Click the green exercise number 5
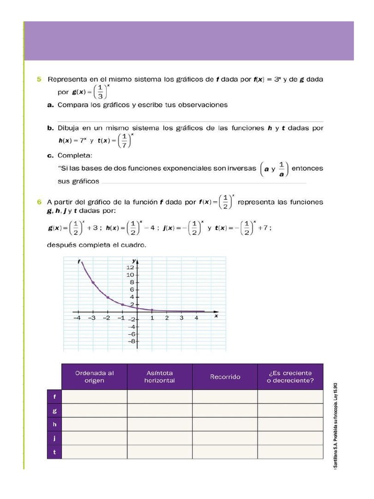point(39,79)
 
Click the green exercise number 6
point(39,201)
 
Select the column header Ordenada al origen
point(94,377)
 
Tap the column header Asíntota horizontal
point(160,377)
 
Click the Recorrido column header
point(225,377)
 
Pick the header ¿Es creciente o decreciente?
point(290,377)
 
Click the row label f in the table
point(54,397)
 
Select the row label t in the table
point(54,452)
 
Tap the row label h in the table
point(54,424)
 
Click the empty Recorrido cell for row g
point(225,410)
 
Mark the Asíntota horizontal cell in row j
point(160,438)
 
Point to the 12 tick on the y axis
point(131,268)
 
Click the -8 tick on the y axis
point(131,342)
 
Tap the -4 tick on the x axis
point(77,318)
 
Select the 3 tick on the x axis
point(181,318)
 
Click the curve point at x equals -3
point(93,283)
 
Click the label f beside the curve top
point(78,262)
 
